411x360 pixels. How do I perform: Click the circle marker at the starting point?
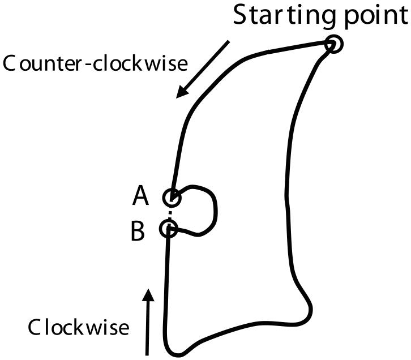(x=335, y=44)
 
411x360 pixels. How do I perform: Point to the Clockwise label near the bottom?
(x=79, y=327)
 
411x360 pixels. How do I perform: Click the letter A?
(x=140, y=196)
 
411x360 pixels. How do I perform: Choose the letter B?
(x=138, y=231)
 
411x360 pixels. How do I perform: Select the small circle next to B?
(x=169, y=229)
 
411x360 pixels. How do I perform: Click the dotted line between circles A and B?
(x=170, y=213)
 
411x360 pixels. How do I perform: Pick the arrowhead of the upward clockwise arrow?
(x=148, y=294)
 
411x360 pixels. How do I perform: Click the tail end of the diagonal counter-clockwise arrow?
(x=229, y=41)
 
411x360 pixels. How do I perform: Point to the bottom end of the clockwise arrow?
(x=148, y=354)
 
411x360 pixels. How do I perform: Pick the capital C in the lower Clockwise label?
(x=35, y=327)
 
